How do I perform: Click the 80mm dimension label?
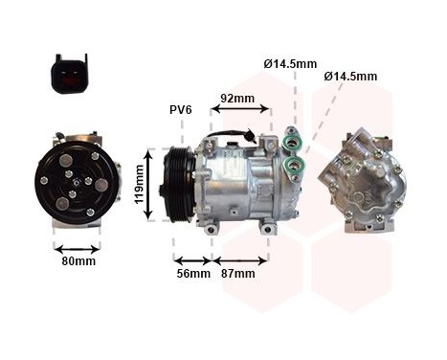coord(78,260)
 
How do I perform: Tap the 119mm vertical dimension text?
coord(139,184)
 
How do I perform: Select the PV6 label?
coord(181,110)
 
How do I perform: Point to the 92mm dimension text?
coord(237,98)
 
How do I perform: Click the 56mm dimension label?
coord(192,274)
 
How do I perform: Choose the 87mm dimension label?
coord(237,274)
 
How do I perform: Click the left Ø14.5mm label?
coord(290,64)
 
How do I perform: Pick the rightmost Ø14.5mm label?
coord(350,76)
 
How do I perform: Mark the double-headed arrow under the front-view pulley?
coord(78,244)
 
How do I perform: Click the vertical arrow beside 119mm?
coord(150,184)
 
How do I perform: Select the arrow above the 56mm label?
coord(192,259)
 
